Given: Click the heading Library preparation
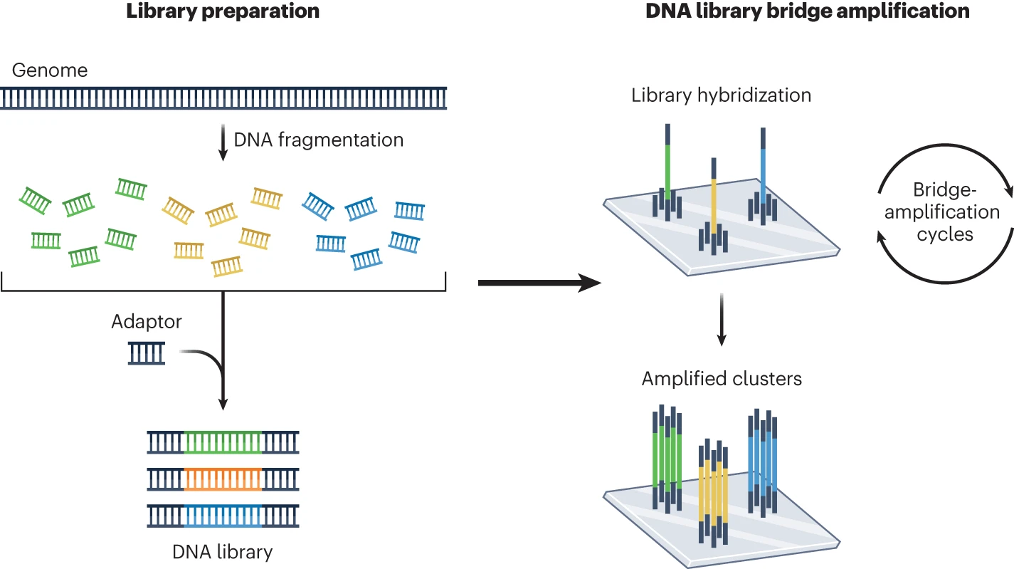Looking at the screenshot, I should point(223,12).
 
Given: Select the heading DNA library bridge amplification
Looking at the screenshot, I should point(807,12).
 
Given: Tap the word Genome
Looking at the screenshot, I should point(50,71).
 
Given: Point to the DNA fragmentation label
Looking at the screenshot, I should point(318,140).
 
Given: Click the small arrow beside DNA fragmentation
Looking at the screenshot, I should point(223,142).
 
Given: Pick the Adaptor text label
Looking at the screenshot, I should point(147,322).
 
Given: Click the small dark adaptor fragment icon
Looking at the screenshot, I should point(147,353).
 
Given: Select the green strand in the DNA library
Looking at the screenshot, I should point(223,442).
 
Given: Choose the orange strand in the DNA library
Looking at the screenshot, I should point(223,479).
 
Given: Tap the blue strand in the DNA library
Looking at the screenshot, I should point(223,515).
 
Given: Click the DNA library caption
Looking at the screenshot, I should point(223,551).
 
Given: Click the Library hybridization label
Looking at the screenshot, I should point(721,95).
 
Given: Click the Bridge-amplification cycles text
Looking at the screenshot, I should point(945,212).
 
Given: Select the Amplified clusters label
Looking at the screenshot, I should point(722,378).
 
